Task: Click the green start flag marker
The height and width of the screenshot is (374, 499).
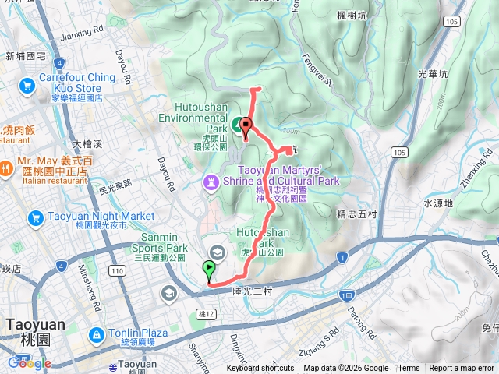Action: point(209,270)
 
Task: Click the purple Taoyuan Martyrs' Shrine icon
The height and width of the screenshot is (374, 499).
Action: point(211,182)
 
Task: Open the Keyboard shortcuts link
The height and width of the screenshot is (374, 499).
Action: point(260,369)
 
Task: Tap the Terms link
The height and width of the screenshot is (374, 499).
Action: point(409,369)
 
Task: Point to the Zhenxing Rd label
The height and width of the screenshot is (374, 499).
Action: point(477,171)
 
